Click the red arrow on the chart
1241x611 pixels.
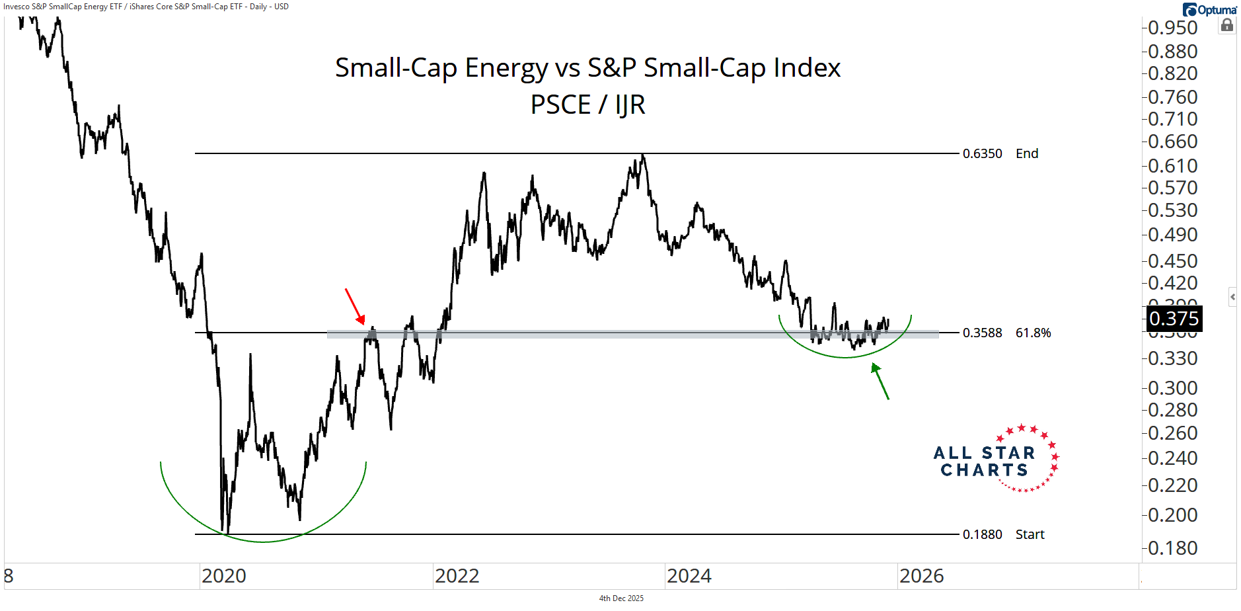coord(355,306)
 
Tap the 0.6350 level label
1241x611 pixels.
coord(982,153)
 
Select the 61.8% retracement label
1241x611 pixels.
coord(1033,333)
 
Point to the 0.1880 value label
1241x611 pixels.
coord(982,534)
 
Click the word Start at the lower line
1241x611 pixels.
coord(1030,534)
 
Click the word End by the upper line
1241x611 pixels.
coord(1027,153)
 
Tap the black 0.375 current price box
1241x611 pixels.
coord(1174,319)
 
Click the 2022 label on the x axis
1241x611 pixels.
coord(457,576)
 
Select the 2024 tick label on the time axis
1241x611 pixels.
coord(689,576)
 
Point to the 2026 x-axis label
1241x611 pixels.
coord(921,576)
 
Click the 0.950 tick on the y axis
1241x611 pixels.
coord(1172,28)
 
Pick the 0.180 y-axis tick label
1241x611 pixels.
coord(1172,548)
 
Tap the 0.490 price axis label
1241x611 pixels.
coord(1172,235)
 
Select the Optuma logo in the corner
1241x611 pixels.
coord(1210,9)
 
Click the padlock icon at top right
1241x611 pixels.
coord(1227,25)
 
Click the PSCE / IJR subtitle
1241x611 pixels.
coord(587,104)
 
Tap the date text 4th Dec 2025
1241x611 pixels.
coord(621,598)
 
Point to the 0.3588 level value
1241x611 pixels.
coord(982,333)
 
